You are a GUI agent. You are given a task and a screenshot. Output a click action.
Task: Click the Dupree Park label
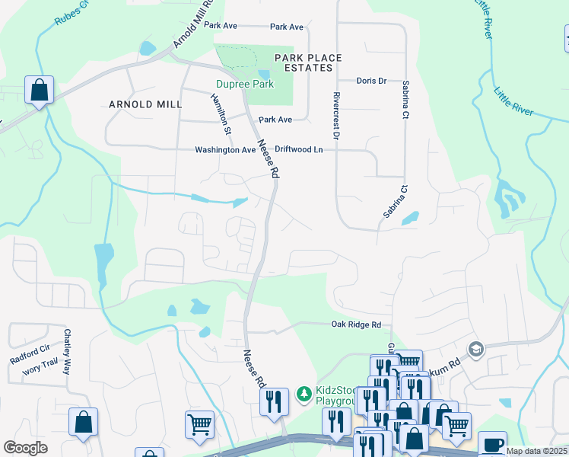point(244,85)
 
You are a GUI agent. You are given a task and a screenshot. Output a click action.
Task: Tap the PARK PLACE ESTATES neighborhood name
point(308,62)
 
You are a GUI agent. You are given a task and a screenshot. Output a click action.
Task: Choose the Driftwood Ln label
point(298,150)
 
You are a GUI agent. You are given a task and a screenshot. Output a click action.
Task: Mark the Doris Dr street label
point(371,81)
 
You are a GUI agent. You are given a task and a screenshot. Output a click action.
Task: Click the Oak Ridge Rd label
point(356,324)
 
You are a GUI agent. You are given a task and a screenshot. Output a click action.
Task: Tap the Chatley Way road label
point(67,351)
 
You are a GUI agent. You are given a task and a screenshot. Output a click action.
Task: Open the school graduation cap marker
point(477,348)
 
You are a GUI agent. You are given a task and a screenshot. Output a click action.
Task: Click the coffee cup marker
point(493,443)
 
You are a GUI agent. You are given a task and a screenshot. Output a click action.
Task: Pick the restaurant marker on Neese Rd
point(274,401)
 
